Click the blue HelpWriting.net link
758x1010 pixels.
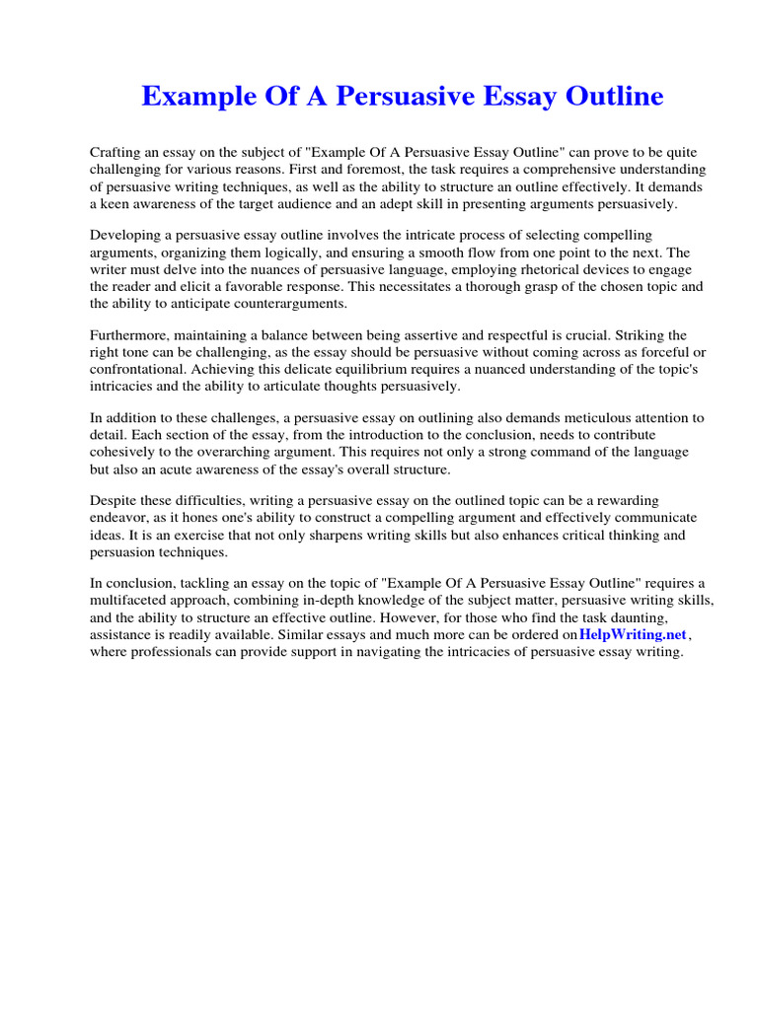click(632, 635)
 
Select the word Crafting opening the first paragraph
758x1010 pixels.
click(116, 153)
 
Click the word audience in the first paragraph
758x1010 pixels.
click(369, 204)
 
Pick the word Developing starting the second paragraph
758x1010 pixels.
click(124, 235)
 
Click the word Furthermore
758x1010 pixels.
click(129, 335)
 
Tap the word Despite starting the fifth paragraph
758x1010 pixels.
click(114, 501)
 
